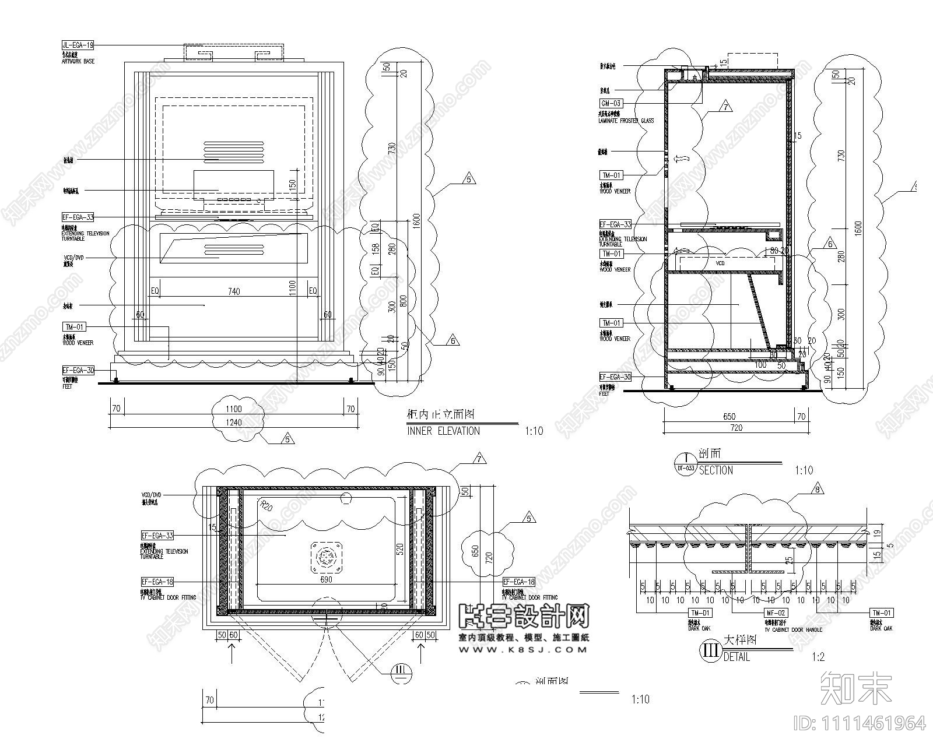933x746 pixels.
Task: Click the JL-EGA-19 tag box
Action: click(x=78, y=45)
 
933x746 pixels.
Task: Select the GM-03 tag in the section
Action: click(x=611, y=103)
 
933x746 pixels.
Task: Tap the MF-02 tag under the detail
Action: click(x=776, y=613)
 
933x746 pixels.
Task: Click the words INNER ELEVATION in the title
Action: click(x=443, y=431)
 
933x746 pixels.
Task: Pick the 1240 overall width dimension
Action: click(x=234, y=422)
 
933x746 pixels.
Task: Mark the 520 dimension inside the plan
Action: click(x=400, y=548)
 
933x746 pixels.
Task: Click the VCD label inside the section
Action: click(x=720, y=263)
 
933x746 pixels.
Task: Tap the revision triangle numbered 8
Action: click(x=818, y=490)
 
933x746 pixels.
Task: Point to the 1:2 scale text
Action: click(x=818, y=657)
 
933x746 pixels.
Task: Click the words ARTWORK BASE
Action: click(x=78, y=61)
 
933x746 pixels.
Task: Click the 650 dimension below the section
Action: click(x=729, y=416)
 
